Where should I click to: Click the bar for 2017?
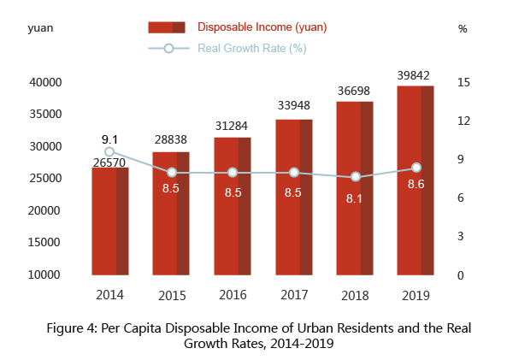[x=293, y=197]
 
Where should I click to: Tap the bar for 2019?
[x=416, y=180]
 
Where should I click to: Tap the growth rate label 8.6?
[x=416, y=184]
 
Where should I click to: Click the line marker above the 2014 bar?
[x=110, y=151]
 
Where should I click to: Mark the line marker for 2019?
[x=416, y=168]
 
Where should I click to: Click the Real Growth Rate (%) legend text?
[x=251, y=48]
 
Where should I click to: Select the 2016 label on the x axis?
[x=233, y=295]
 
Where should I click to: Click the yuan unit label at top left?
[x=42, y=28]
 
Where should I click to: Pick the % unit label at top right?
[x=463, y=28]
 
